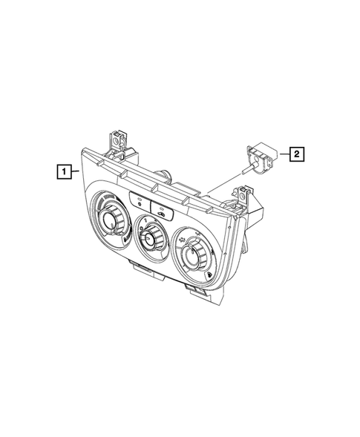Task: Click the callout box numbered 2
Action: (x=295, y=154)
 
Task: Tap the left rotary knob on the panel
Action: (x=114, y=217)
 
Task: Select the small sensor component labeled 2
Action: (x=260, y=157)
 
